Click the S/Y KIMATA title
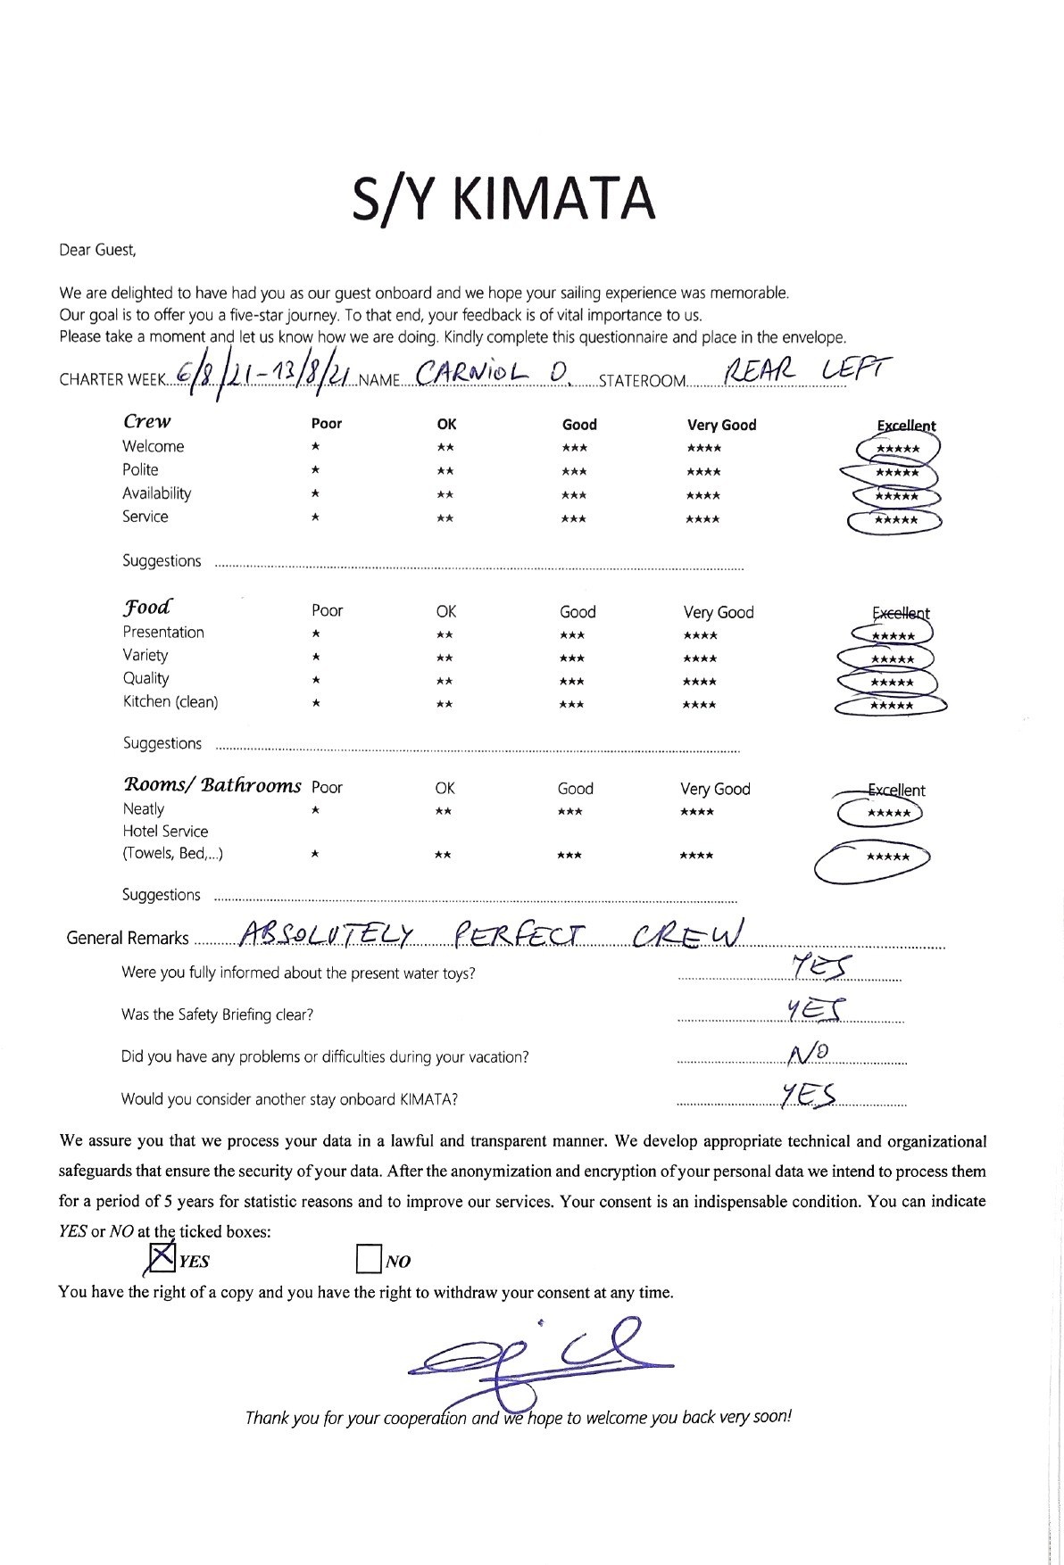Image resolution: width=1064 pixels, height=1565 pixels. [x=504, y=199]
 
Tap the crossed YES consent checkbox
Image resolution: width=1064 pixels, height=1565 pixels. [x=162, y=1259]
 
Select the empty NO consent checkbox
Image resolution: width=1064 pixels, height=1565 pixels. [x=368, y=1259]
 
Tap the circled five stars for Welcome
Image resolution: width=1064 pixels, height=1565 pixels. [x=898, y=449]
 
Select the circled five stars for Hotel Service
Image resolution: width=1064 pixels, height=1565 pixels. [x=888, y=857]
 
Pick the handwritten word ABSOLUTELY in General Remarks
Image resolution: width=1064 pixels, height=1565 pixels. [x=328, y=934]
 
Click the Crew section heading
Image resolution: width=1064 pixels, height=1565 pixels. [x=147, y=421]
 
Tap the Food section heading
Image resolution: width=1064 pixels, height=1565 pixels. [x=147, y=608]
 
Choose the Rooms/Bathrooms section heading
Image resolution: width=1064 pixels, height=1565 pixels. [x=212, y=785]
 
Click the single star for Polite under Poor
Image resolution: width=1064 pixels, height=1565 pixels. [x=316, y=471]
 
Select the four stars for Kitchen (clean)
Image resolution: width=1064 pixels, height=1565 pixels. [x=699, y=705]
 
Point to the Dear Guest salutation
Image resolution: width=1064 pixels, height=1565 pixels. [x=97, y=250]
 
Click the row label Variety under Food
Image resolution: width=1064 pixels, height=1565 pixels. [x=145, y=655]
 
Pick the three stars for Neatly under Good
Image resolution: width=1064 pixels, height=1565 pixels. [x=569, y=812]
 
